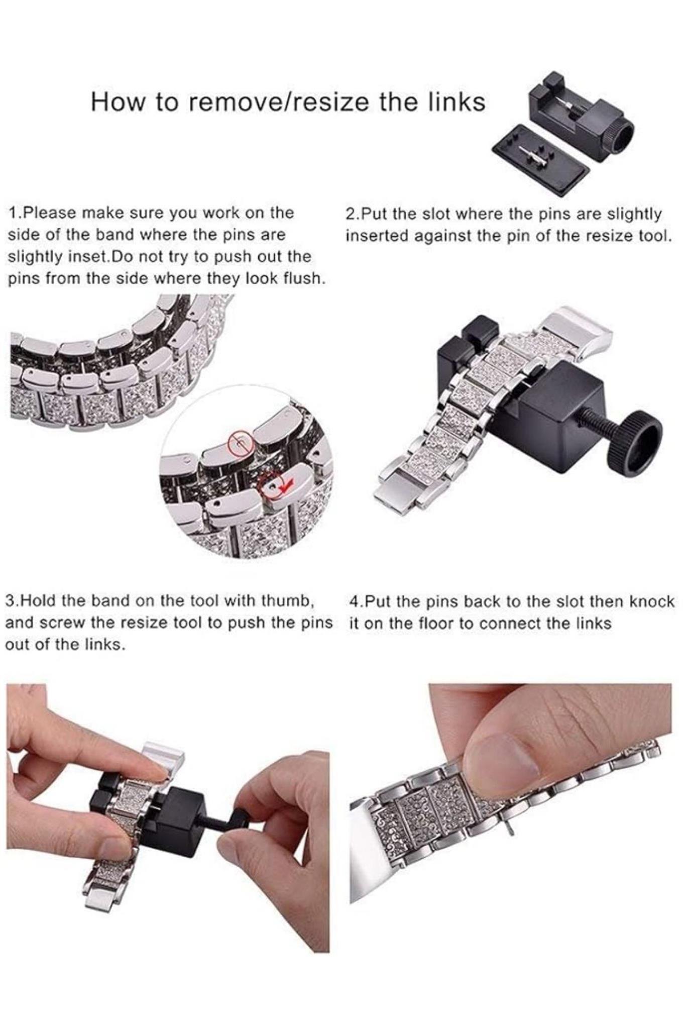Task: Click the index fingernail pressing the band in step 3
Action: tap(157, 774)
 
